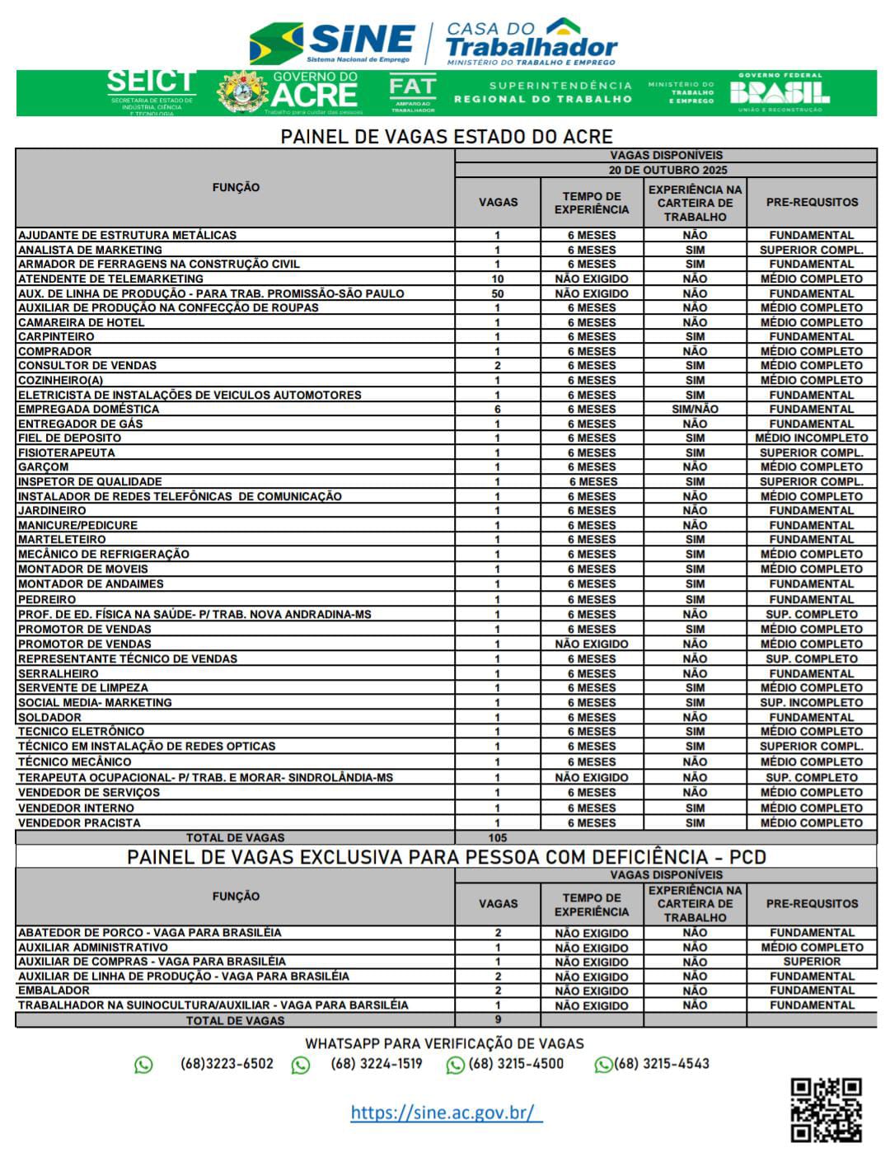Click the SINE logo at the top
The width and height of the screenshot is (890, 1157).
coord(334,42)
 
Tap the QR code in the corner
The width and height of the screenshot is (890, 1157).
coord(826,1109)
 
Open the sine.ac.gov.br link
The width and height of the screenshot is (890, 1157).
coord(446,1112)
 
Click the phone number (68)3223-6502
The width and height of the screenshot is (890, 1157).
coord(227,1064)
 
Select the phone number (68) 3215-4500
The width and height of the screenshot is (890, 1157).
coord(516,1064)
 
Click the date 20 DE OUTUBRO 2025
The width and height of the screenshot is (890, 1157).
coord(667,170)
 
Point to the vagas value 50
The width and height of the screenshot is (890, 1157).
coord(498,293)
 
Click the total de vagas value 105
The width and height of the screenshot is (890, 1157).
coord(498,837)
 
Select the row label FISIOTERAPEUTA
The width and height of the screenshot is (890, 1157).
coord(67,452)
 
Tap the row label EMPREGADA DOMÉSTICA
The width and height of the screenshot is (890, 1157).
coord(89,409)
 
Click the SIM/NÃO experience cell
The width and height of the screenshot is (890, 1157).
coord(695,409)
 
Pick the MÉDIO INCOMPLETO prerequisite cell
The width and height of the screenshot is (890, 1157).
coord(812,438)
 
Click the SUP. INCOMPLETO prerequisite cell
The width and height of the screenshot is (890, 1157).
coord(812,703)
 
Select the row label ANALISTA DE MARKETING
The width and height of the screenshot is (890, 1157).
coord(91,250)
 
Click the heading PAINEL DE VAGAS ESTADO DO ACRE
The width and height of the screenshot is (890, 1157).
coord(446,136)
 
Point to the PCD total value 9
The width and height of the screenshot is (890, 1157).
coord(498,1020)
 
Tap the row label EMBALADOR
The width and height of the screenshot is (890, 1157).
coord(54,991)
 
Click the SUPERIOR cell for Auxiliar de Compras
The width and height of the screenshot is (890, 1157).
coord(812,962)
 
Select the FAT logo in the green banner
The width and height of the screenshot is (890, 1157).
coord(412,92)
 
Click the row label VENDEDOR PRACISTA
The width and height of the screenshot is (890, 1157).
coord(79,823)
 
